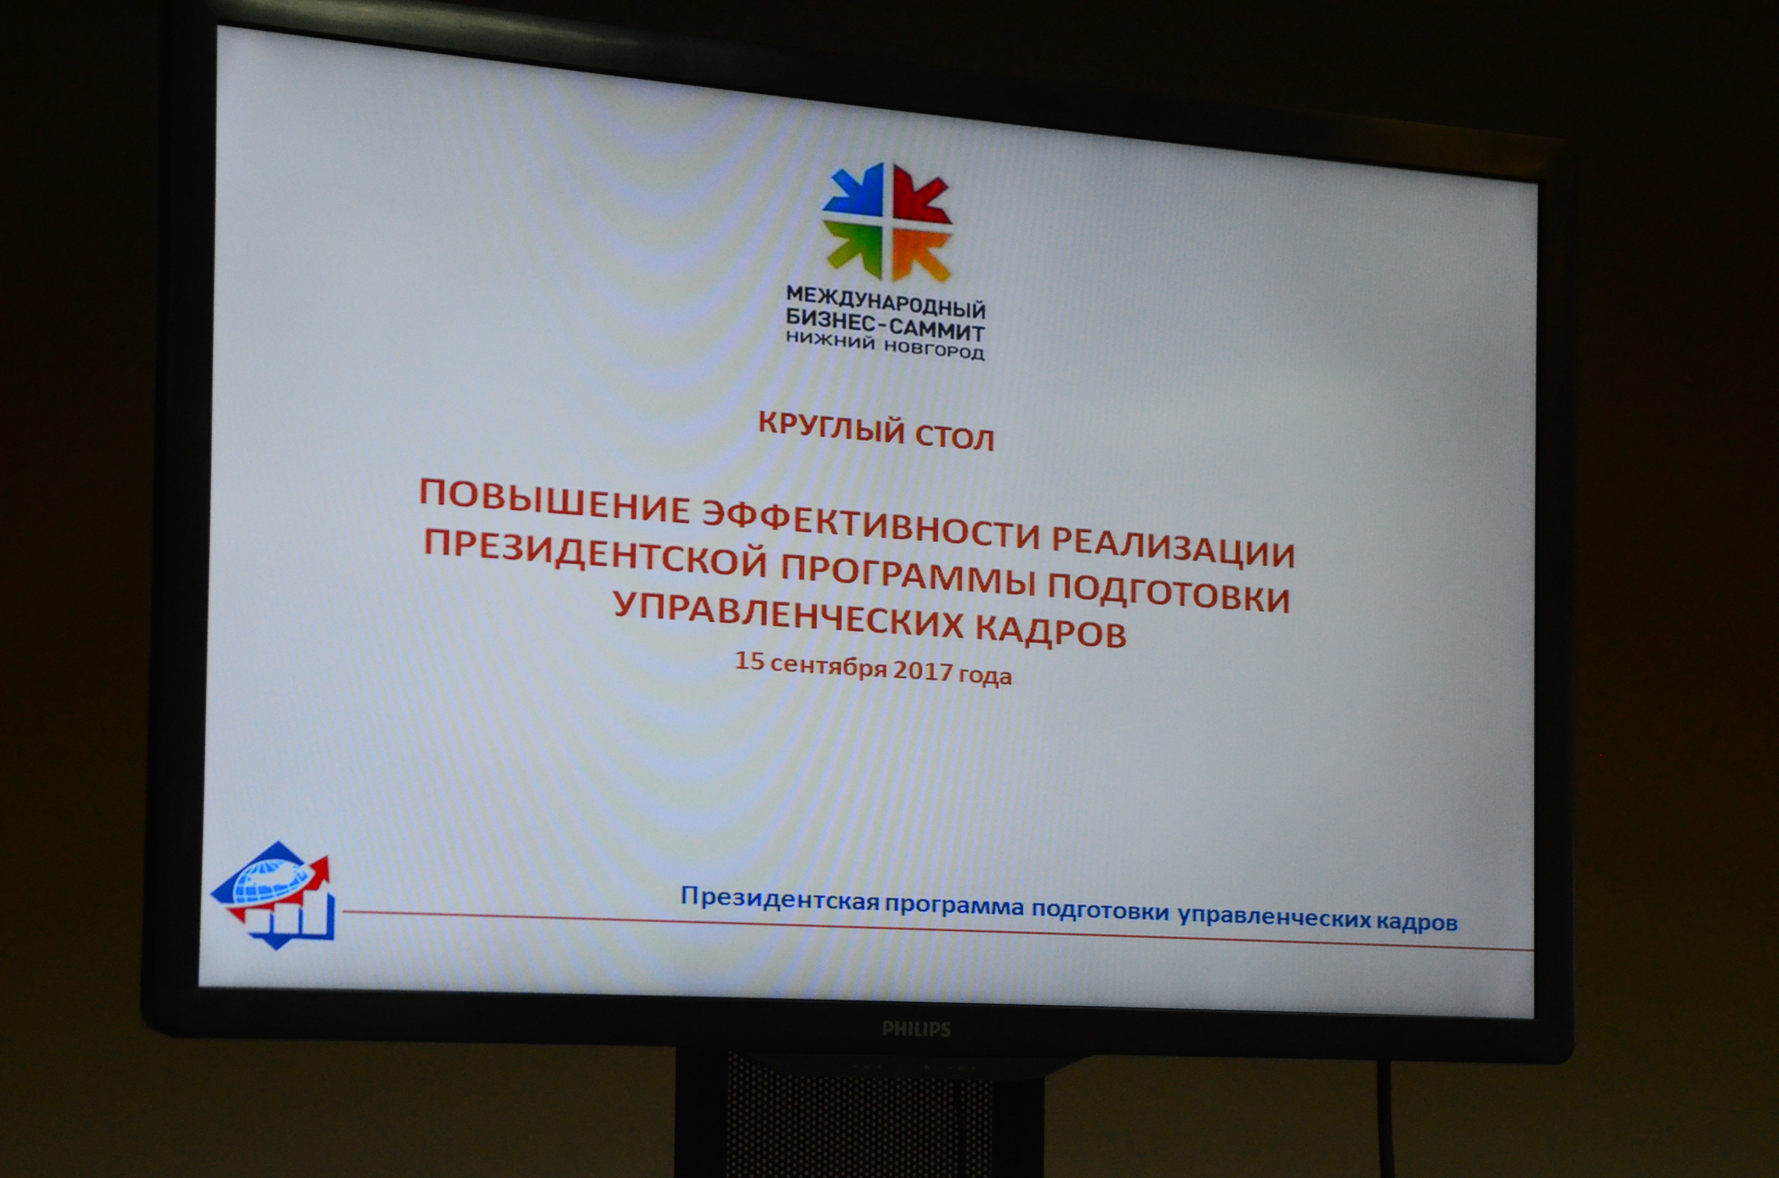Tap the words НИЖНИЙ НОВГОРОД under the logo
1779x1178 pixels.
885,346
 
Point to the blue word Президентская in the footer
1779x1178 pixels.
779,898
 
